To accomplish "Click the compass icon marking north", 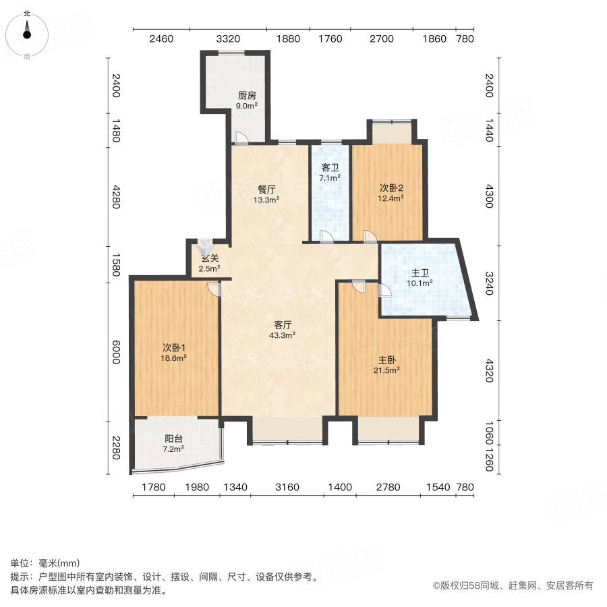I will click(27, 33).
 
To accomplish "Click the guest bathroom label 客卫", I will click(329, 168).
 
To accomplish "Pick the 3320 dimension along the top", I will click(228, 39).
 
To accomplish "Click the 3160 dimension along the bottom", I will click(287, 488).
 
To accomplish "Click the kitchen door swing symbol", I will click(241, 138).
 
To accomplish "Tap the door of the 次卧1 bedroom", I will click(214, 289).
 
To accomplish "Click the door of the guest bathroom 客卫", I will click(326, 236).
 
